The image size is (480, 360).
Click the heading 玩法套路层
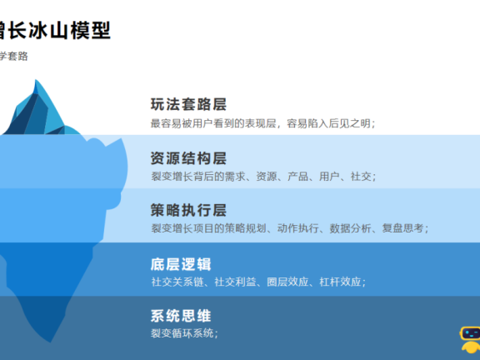point(188,105)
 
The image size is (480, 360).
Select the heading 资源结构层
point(188,158)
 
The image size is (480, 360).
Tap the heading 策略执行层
point(188,210)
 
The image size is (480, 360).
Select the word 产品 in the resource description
point(298,176)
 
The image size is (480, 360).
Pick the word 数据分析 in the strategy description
point(351,228)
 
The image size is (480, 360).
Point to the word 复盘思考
point(404,228)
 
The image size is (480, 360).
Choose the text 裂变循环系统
point(182,333)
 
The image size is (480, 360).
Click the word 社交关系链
point(177,282)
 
